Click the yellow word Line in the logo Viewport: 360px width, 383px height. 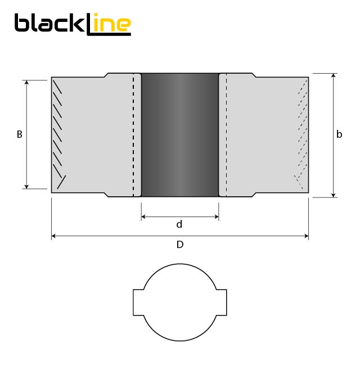[110, 24]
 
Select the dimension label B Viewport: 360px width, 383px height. [20, 135]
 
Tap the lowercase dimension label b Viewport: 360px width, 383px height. [339, 134]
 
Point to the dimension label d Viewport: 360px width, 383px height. [179, 224]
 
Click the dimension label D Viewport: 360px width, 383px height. [180, 245]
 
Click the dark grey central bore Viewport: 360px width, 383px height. [179, 135]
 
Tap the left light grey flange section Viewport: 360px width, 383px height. [93, 135]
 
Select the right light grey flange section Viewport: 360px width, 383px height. [264, 135]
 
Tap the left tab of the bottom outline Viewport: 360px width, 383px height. [138, 303]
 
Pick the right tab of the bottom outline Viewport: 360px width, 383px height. [222, 303]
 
